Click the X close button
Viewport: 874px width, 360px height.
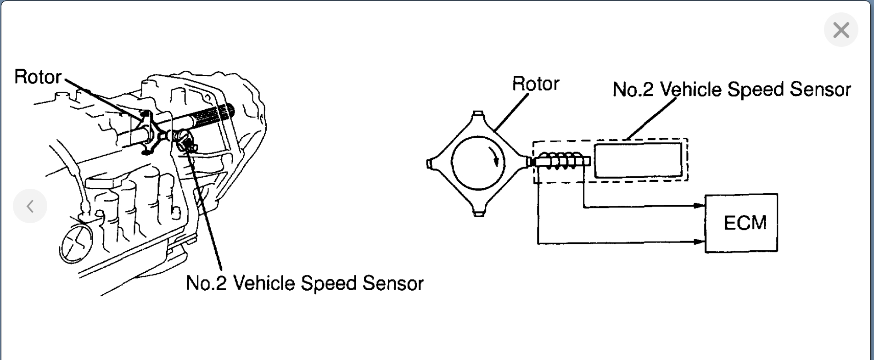pos(841,30)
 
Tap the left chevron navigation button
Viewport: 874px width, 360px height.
pos(30,206)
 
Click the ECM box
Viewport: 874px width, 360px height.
pos(741,223)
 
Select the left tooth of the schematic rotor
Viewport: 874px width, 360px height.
pos(429,163)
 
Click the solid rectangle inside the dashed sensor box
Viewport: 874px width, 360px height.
pos(638,160)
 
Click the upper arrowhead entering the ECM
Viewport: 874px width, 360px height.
pos(700,206)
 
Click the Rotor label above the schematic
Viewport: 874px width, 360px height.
pos(535,84)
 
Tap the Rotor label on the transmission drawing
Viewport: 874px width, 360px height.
pos(38,77)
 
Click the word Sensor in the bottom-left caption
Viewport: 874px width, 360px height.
pos(393,283)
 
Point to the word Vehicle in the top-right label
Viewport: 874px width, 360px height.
pos(691,90)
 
